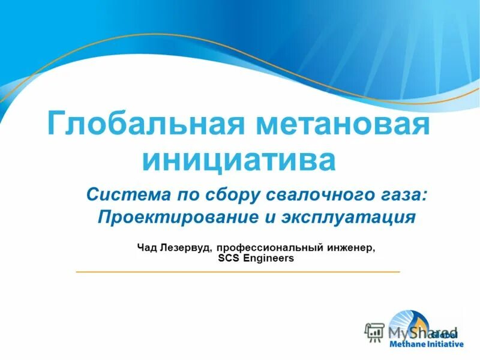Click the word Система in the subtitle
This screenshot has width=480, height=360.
pos(121,194)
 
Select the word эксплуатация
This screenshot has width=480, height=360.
pos(348,217)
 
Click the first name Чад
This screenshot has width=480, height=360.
pos(148,247)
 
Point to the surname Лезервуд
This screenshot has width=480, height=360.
pos(186,247)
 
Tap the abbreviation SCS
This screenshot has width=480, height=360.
pos(228,259)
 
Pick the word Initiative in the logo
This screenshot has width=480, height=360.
pos(445,345)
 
